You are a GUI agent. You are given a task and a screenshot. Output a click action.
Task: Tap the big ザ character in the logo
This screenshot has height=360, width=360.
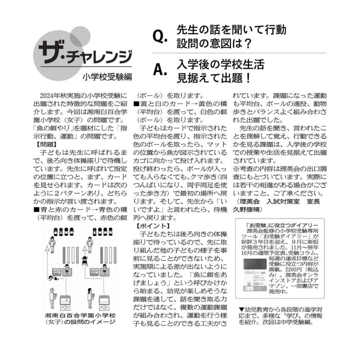(51, 51)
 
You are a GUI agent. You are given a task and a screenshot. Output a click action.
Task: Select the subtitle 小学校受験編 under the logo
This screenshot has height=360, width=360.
(107, 77)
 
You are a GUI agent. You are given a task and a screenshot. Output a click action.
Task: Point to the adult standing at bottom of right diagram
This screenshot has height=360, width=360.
(90, 298)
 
